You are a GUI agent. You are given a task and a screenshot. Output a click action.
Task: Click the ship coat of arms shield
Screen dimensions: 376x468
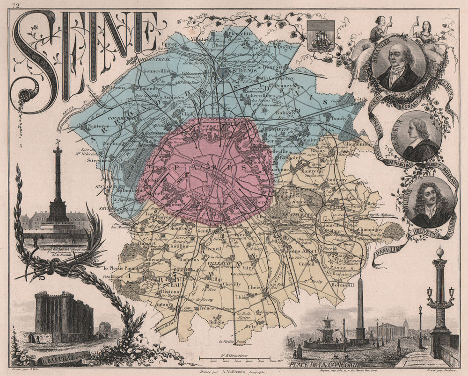pos(321,35)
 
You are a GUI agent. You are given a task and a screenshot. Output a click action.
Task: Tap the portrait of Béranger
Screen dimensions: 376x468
pos(398,65)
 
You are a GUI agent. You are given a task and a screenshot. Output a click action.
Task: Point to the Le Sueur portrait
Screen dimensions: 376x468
pos(416,136)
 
